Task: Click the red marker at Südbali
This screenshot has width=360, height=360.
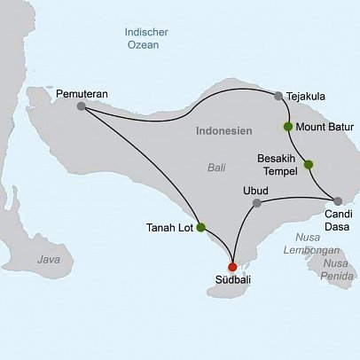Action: point(232,267)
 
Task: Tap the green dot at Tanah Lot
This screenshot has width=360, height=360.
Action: point(201,227)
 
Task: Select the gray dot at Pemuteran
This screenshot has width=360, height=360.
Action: point(82,106)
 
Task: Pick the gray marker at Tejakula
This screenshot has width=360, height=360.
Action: point(278,96)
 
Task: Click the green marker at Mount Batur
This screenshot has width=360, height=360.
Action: point(287,126)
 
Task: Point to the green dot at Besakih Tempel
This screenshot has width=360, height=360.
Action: point(308,164)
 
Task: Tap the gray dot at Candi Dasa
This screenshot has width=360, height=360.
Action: point(338,200)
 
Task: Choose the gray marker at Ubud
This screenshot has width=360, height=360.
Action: point(256,203)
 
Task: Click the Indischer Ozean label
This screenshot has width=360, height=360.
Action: point(146,39)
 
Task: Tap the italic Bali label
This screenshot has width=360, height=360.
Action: point(216,167)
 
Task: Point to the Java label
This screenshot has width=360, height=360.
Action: point(50,259)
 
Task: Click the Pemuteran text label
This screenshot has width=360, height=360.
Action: point(82,92)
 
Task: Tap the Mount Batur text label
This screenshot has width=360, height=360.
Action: point(325,127)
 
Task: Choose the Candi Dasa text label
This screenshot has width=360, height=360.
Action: point(335,221)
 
